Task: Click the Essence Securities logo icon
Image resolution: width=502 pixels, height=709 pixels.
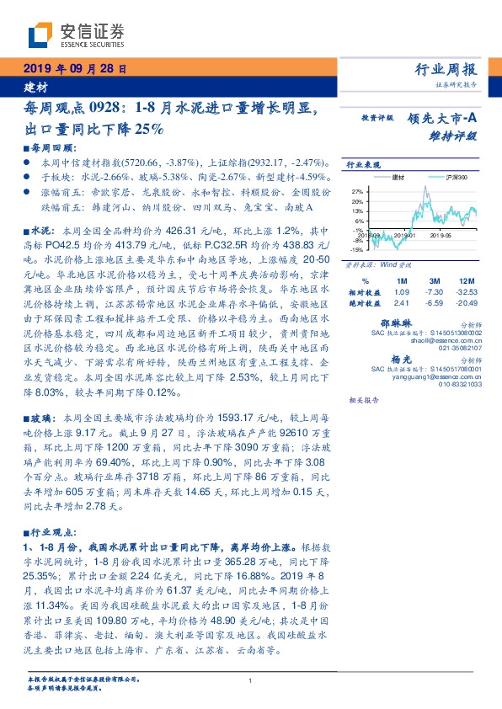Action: click(x=41, y=36)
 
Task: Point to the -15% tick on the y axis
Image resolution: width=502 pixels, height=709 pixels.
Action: click(x=356, y=249)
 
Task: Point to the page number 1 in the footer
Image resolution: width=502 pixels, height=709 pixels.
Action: click(x=251, y=681)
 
